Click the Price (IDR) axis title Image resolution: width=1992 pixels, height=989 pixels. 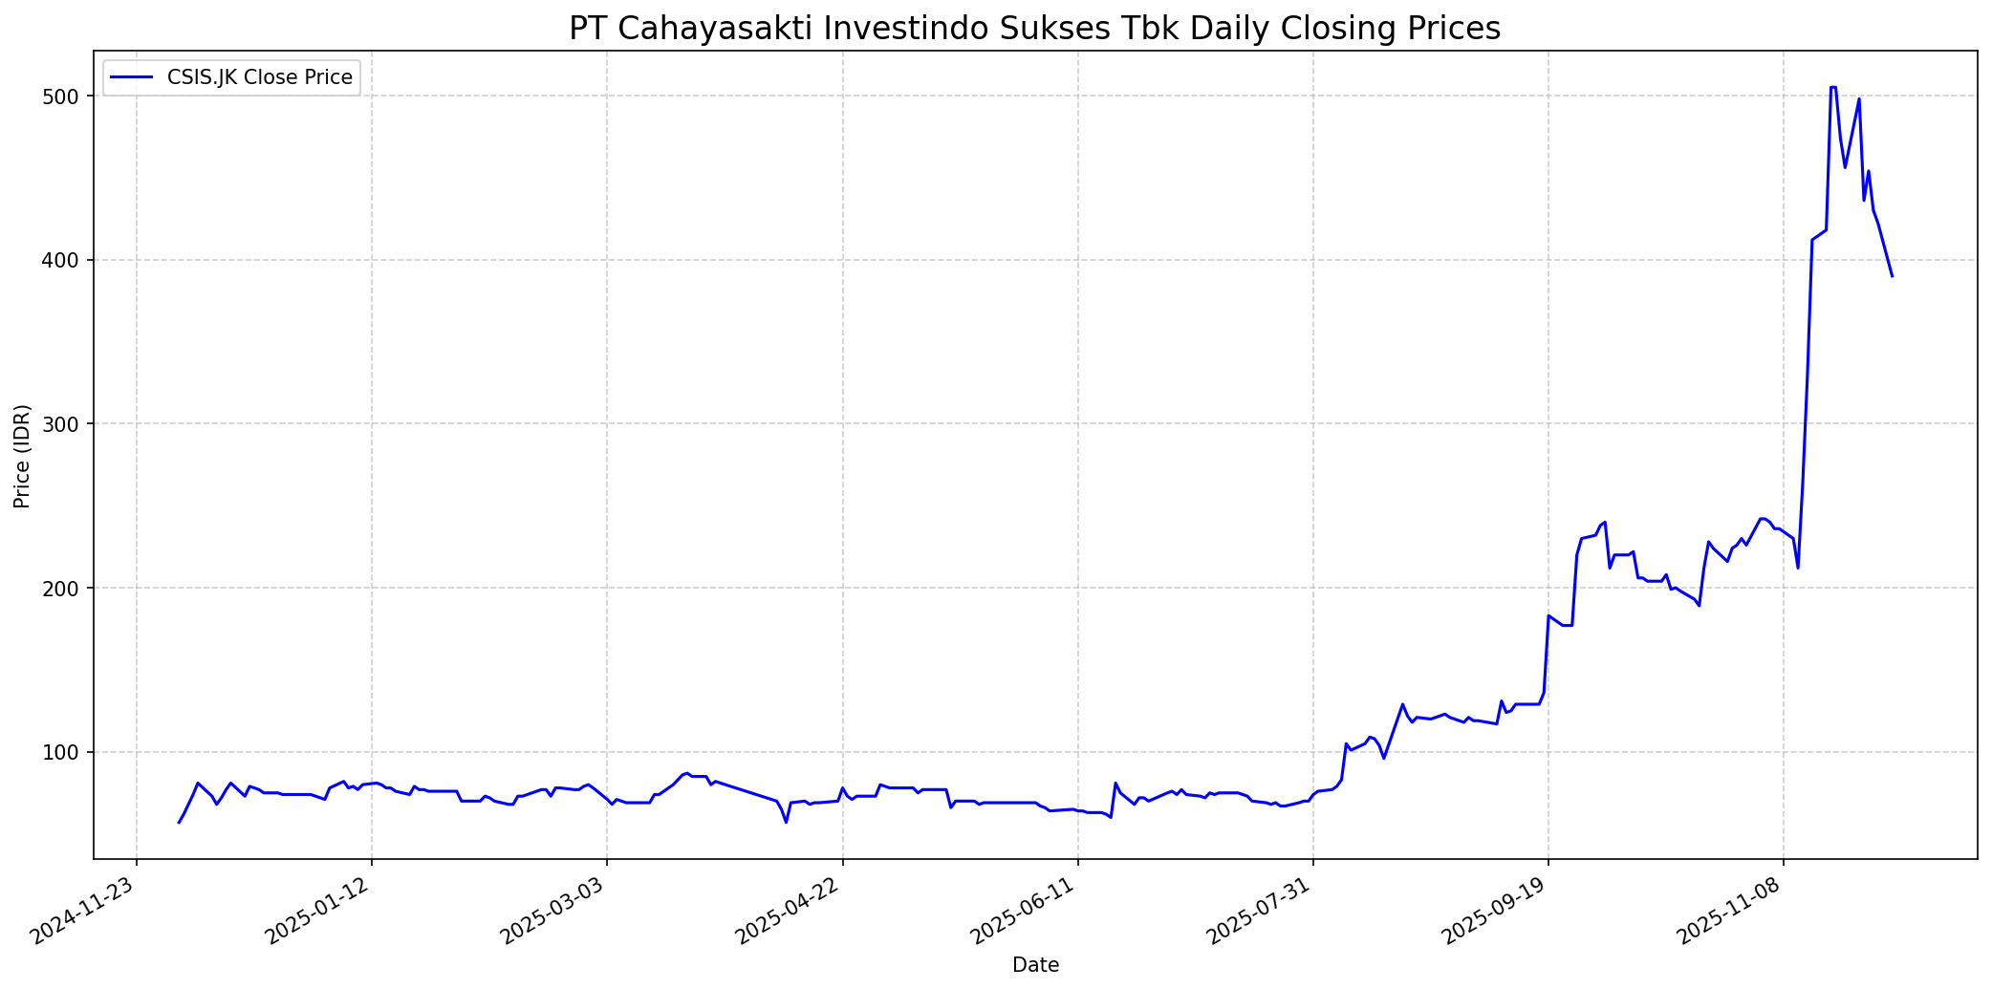coord(23,456)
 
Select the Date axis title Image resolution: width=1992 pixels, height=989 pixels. coord(1035,965)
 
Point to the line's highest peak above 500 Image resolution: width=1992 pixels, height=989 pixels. coord(1832,87)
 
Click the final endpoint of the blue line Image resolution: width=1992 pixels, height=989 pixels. coord(1892,276)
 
